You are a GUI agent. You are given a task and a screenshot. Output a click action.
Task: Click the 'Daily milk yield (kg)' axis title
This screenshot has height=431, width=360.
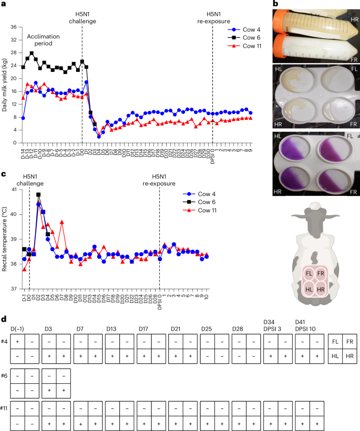coord(5,84)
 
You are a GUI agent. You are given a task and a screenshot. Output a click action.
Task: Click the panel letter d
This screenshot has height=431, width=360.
coord(4,319)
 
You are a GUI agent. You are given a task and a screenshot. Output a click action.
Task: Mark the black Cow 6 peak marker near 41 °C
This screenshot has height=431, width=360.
coord(38,195)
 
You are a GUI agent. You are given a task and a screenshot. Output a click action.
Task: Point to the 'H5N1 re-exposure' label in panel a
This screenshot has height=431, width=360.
coord(212,17)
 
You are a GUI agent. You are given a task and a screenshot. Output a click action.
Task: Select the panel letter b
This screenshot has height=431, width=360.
coord(275,4)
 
